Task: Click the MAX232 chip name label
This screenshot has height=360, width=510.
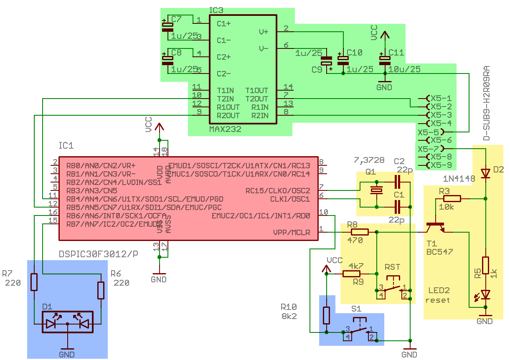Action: (x=225, y=129)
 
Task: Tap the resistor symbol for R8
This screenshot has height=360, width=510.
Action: (x=359, y=232)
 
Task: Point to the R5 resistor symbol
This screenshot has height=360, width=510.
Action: (x=485, y=266)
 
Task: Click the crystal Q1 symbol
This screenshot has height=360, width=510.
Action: (x=377, y=190)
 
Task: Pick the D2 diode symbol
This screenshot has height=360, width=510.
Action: (x=485, y=173)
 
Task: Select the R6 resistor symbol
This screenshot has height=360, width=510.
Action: (x=101, y=290)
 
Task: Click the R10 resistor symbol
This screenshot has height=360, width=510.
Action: (x=327, y=315)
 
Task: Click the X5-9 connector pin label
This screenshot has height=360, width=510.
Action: (x=441, y=165)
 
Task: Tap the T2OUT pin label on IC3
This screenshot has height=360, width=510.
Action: (x=256, y=99)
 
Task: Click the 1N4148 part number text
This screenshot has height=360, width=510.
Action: (x=459, y=179)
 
